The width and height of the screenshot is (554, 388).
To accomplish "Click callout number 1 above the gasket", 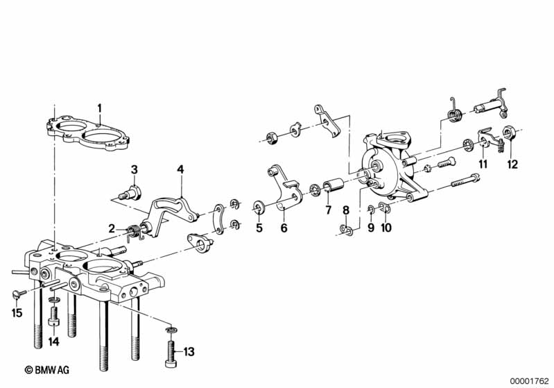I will [x=99, y=108].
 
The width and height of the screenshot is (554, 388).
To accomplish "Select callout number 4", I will [x=180, y=169].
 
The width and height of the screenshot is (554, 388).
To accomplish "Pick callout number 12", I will [x=512, y=165].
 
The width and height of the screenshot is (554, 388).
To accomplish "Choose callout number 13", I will [x=188, y=353].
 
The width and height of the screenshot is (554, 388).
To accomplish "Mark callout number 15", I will [x=16, y=313].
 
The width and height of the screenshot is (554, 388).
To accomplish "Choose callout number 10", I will [x=387, y=226].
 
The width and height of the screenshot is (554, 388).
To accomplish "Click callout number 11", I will [x=483, y=165].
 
